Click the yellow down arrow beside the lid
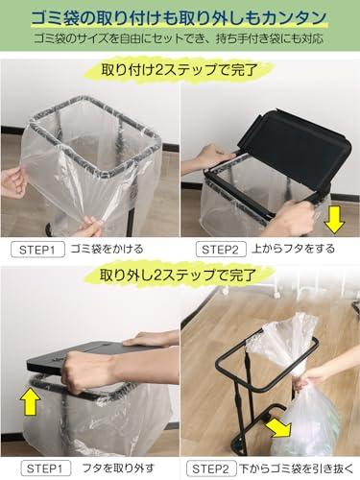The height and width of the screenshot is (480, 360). click(334, 221)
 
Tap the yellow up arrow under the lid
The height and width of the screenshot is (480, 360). click(31, 400)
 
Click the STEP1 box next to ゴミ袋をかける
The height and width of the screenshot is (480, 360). click(37, 250)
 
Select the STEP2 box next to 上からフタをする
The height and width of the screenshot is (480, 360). click(221, 250)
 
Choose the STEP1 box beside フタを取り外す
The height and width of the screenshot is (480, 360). click(46, 468)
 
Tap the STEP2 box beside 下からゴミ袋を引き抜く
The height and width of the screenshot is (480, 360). click(211, 468)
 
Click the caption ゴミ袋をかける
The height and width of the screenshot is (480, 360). click(107, 249)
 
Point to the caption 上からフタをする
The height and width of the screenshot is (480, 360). click(293, 249)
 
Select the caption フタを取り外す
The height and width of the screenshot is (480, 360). click(118, 468)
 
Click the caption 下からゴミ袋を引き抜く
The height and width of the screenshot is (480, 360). click(297, 468)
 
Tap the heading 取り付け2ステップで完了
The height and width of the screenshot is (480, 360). click(180, 70)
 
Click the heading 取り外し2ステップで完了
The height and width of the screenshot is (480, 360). click(178, 275)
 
